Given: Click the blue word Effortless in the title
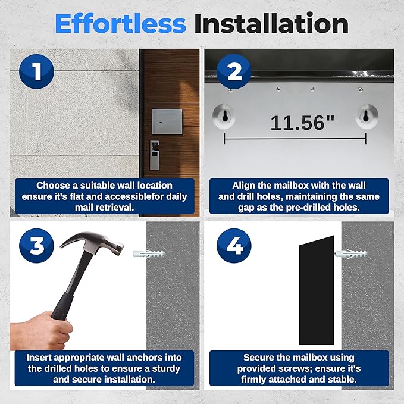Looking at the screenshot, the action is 120,24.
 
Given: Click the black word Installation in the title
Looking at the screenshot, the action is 271,24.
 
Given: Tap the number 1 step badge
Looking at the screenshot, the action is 36,71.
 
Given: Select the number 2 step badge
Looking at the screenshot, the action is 234,71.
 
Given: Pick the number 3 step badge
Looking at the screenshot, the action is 36,246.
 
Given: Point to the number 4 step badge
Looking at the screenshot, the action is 234,246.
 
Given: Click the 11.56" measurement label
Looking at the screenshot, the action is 302,123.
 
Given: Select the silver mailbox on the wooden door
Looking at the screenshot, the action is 167,121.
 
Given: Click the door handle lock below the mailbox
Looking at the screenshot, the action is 155,155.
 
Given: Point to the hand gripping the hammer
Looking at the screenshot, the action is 40,331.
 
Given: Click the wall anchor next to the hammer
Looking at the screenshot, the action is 149,253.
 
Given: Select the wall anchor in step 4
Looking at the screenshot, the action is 351,254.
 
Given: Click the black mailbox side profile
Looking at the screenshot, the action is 317,290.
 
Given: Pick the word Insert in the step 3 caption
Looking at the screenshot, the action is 39,358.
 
